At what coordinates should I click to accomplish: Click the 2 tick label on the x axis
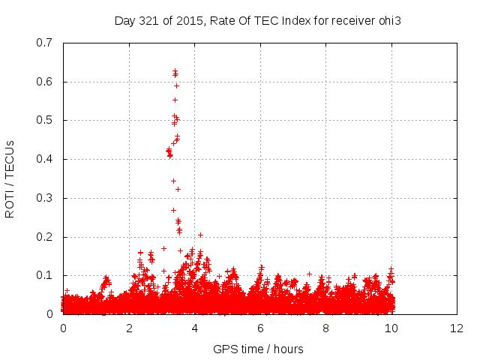(x=129, y=328)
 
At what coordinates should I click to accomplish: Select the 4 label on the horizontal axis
(x=194, y=328)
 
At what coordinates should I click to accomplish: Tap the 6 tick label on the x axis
(x=260, y=328)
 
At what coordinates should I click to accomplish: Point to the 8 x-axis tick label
(x=326, y=328)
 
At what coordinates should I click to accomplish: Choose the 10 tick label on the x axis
(x=391, y=328)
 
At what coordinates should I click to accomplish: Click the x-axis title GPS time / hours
(x=259, y=349)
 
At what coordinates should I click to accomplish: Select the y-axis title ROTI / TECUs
(x=10, y=178)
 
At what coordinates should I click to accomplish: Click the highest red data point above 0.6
(x=175, y=71)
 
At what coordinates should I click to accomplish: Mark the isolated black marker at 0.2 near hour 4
(x=200, y=235)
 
